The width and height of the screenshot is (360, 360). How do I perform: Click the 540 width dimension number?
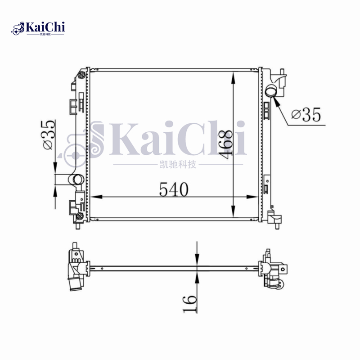[174, 189]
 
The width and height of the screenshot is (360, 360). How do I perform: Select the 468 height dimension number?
[226, 144]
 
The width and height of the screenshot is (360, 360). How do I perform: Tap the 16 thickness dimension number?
[189, 304]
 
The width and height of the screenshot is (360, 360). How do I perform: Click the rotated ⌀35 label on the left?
[48, 135]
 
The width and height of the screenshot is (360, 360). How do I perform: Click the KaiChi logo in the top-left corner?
[38, 28]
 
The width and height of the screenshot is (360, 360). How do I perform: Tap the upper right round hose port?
[271, 91]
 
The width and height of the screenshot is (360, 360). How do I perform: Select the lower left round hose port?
[76, 180]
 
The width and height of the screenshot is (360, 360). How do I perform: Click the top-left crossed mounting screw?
[81, 75]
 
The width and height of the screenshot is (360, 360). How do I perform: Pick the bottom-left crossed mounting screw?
[80, 216]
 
